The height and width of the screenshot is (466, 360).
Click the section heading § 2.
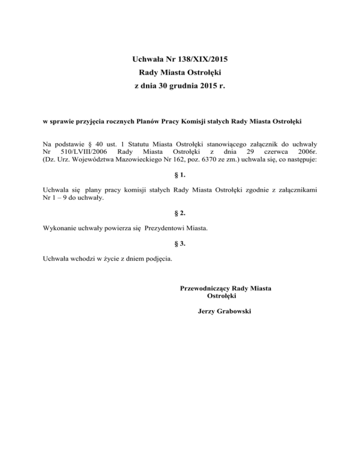(x=180, y=213)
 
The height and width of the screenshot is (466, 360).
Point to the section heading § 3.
(x=180, y=243)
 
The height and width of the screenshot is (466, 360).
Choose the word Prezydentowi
(x=166, y=228)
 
